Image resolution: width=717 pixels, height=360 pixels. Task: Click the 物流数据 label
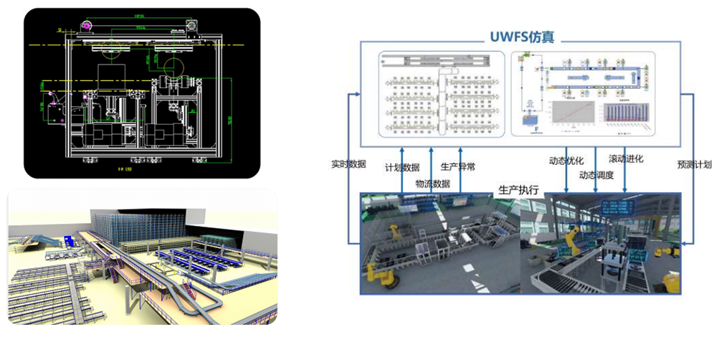tap(432, 184)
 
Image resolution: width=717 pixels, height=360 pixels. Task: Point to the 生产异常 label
tap(457, 167)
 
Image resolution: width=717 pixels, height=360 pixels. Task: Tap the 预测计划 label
tap(694, 164)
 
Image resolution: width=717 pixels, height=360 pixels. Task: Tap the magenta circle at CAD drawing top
tap(87, 26)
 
